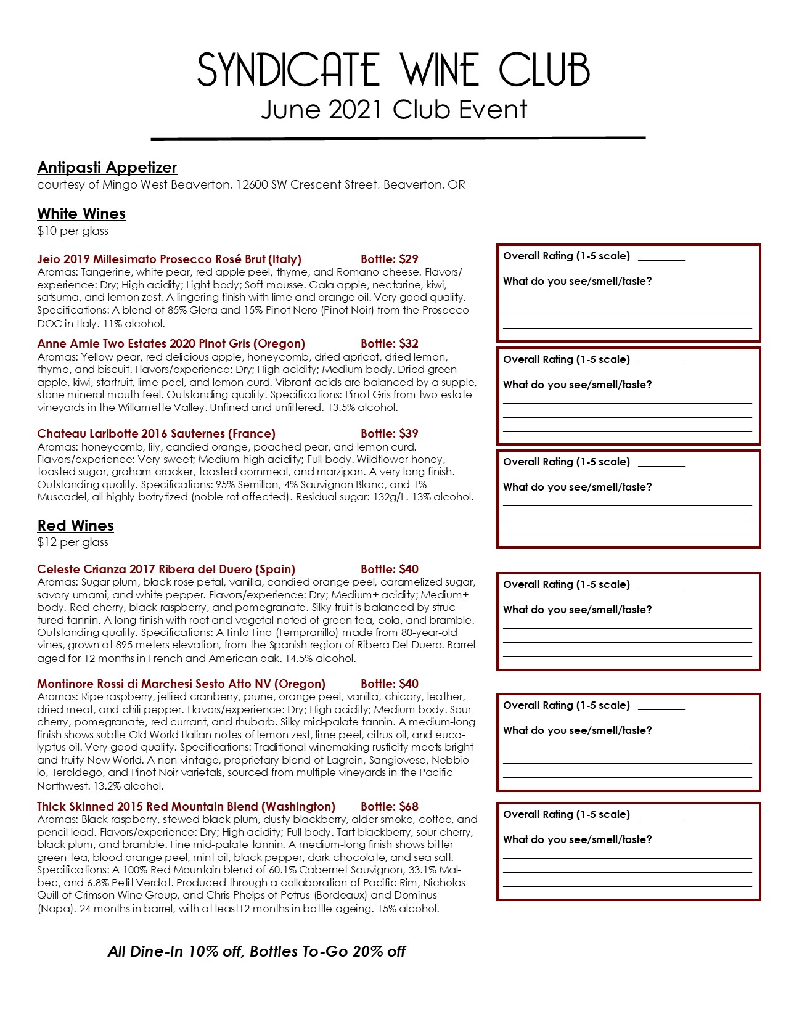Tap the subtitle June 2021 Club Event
pos(393,110)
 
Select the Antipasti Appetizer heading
pos(107,168)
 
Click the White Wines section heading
pos(81,214)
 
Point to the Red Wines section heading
pos(75,526)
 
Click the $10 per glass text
pos(73,231)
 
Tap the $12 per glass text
pos(73,542)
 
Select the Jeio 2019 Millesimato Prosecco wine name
pos(169,259)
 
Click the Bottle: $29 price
pos(390,259)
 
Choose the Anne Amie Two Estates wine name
pos(171,344)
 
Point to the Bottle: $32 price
pos(390,344)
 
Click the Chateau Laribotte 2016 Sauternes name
pos(156,434)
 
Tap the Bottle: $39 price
pos(390,434)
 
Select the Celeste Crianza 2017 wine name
pos(166,570)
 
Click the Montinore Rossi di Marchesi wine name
pos(181,684)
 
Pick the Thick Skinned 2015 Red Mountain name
pos(186,807)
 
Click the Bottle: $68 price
pos(390,807)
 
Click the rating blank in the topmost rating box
pos(661,258)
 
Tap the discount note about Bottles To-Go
pos(256,952)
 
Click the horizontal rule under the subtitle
pos(398,138)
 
